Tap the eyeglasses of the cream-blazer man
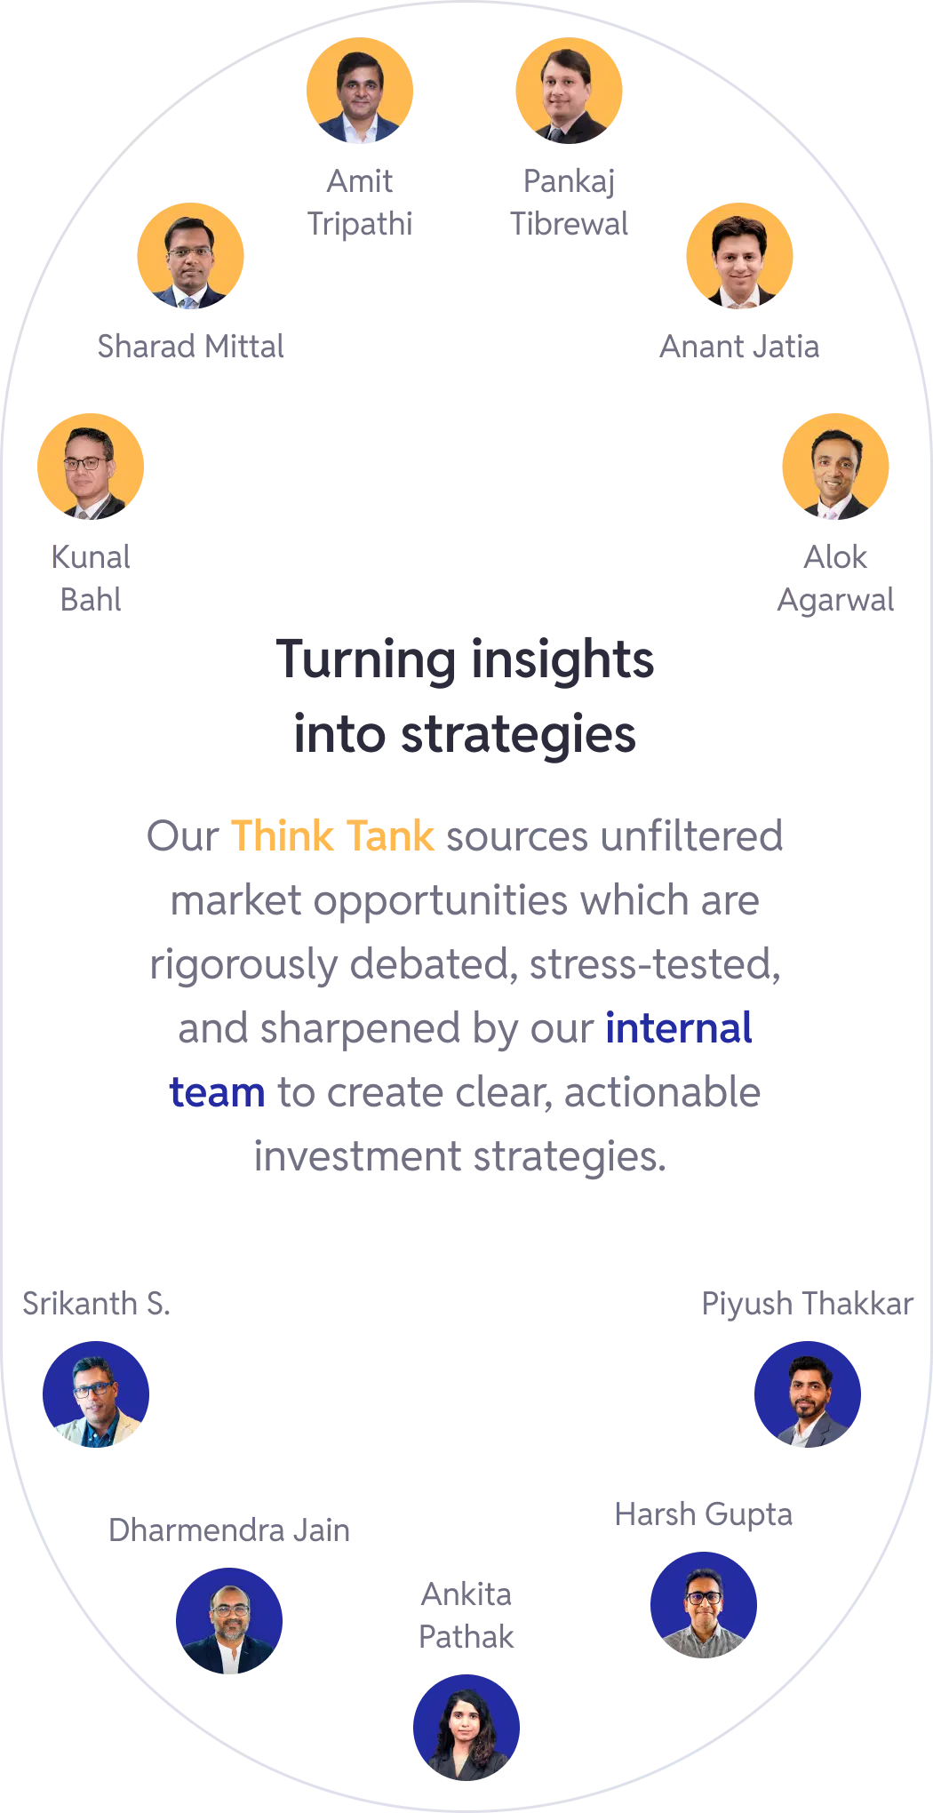(x=93, y=1389)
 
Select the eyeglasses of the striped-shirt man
(x=704, y=1597)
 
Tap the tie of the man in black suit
(x=555, y=134)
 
